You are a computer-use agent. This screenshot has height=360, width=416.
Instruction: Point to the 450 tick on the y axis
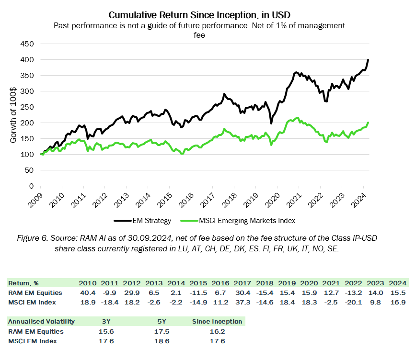point(27,44)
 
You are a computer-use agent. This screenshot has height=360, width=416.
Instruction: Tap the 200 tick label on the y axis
point(27,123)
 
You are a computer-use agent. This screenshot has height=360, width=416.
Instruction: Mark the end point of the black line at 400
point(368,60)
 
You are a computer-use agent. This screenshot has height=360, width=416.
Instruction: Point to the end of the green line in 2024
point(368,123)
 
